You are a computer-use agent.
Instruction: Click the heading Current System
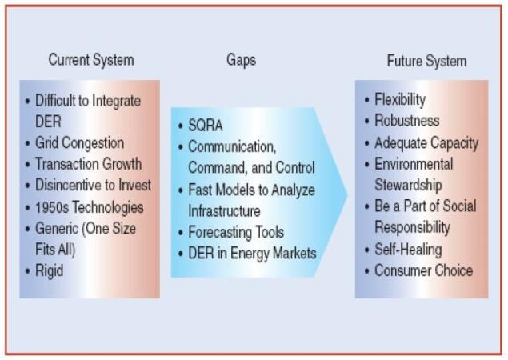pyautogui.click(x=91, y=60)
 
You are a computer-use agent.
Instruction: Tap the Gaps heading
pyautogui.click(x=241, y=60)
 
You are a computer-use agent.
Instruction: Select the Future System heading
pyautogui.click(x=426, y=61)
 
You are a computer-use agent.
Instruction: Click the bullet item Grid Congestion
pyautogui.click(x=79, y=143)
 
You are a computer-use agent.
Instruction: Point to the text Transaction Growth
pyautogui.click(x=88, y=164)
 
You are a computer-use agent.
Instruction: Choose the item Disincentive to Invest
pyautogui.click(x=93, y=185)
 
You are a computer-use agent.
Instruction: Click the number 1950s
pyautogui.click(x=52, y=207)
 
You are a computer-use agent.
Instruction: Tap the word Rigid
pyautogui.click(x=49, y=271)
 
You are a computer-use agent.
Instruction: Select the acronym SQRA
pyautogui.click(x=206, y=126)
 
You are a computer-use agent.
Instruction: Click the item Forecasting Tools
pyautogui.click(x=236, y=232)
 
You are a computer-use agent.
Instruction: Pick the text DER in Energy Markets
pyautogui.click(x=252, y=253)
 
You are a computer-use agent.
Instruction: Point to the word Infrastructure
pyautogui.click(x=224, y=211)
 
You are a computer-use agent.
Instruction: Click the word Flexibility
pyautogui.click(x=400, y=99)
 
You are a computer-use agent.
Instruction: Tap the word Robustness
pyautogui.click(x=407, y=121)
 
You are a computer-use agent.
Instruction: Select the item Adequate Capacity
pyautogui.click(x=426, y=143)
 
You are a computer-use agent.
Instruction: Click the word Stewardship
pyautogui.click(x=408, y=185)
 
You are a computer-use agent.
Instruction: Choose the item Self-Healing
pyautogui.click(x=408, y=250)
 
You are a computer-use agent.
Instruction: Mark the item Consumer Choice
pyautogui.click(x=423, y=270)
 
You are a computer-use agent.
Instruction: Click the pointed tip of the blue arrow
pyautogui.click(x=348, y=194)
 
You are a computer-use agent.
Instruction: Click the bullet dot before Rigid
pyautogui.click(x=28, y=271)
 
